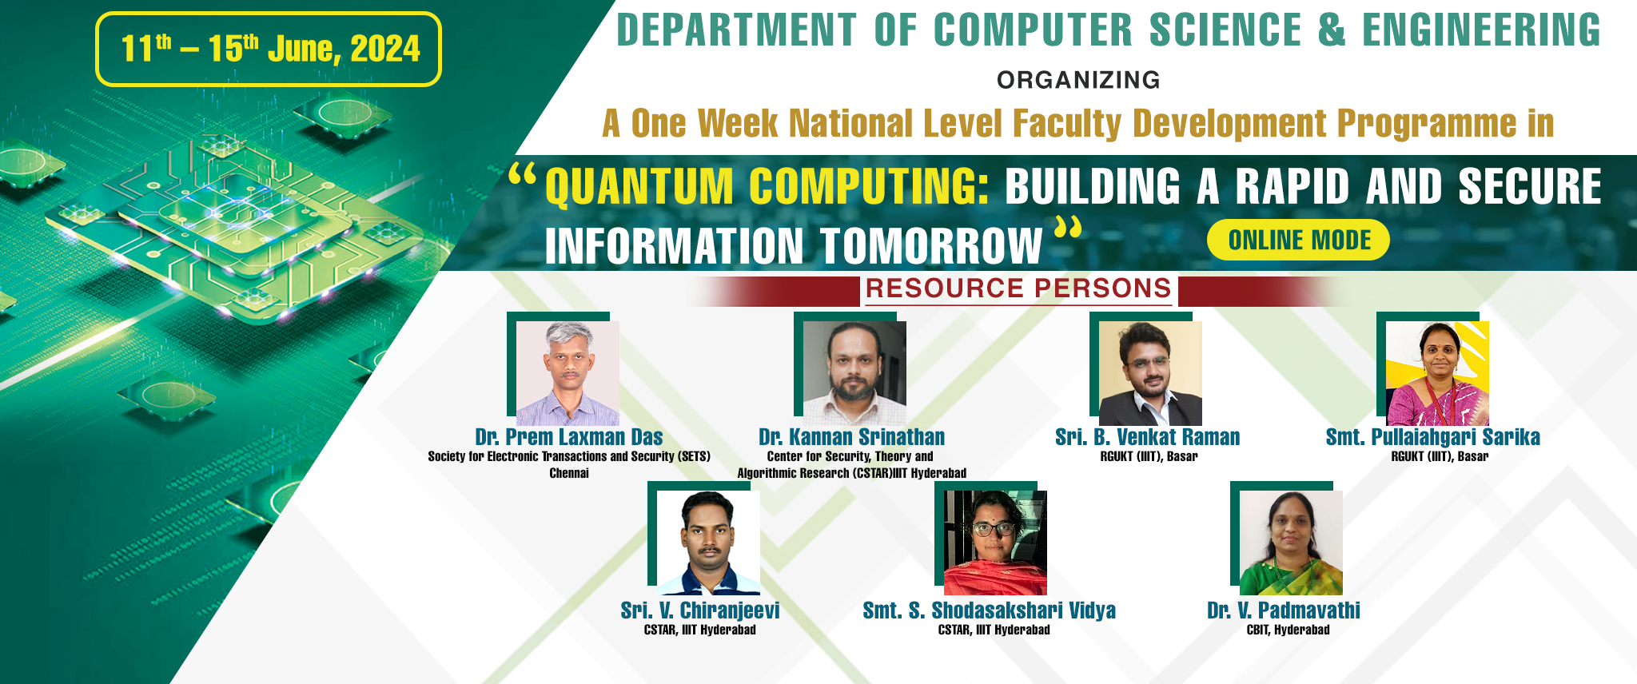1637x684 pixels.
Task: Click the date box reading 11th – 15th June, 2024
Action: [x=269, y=49]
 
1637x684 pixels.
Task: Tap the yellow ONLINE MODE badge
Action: [x=1299, y=240]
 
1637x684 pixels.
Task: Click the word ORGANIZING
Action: [x=1078, y=80]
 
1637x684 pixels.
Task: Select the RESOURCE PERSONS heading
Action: [x=1018, y=288]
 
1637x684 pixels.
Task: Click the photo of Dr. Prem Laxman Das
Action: [x=568, y=373]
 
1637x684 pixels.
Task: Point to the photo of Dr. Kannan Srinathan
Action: [x=854, y=373]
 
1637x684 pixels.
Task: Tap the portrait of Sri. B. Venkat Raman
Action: [x=1150, y=373]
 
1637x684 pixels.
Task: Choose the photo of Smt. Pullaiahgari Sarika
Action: [x=1437, y=373]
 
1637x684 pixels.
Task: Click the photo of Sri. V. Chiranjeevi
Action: [x=708, y=543]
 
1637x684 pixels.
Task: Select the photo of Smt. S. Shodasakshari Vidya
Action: [x=995, y=543]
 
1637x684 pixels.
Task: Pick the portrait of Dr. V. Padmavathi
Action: [x=1291, y=543]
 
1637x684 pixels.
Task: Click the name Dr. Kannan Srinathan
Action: [x=852, y=437]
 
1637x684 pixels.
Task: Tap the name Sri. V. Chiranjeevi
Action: [x=700, y=610]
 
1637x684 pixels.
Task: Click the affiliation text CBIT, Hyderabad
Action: [x=1288, y=630]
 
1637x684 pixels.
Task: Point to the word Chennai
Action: [x=569, y=473]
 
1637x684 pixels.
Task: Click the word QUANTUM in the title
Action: [x=639, y=186]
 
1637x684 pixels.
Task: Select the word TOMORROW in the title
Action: [x=932, y=245]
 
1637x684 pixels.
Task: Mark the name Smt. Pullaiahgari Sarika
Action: [x=1433, y=437]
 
